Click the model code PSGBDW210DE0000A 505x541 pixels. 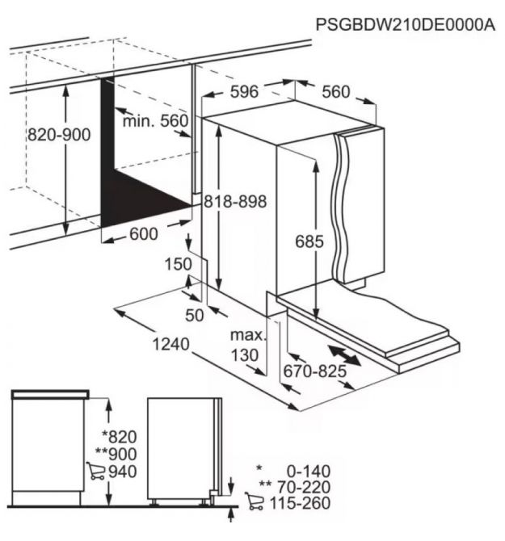[406, 25]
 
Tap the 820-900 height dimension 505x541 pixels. [59, 135]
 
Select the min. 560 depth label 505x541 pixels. [156, 121]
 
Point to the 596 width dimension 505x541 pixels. [244, 91]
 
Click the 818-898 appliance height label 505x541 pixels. [235, 201]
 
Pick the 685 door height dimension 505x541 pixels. [309, 241]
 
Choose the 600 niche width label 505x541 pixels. [144, 234]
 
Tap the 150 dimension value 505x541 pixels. [178, 264]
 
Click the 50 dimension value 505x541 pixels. [195, 315]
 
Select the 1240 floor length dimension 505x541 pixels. [170, 344]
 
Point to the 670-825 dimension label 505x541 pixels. [315, 371]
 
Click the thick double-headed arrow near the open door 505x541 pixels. [344, 355]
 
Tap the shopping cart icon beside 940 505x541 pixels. [95, 471]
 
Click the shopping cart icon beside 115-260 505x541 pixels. [255, 501]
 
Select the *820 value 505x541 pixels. [120, 437]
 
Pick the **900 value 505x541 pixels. [116, 454]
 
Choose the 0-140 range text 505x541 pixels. [309, 471]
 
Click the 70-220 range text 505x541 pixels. [304, 487]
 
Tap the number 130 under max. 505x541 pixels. [245, 355]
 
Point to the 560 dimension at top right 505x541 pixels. [336, 91]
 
